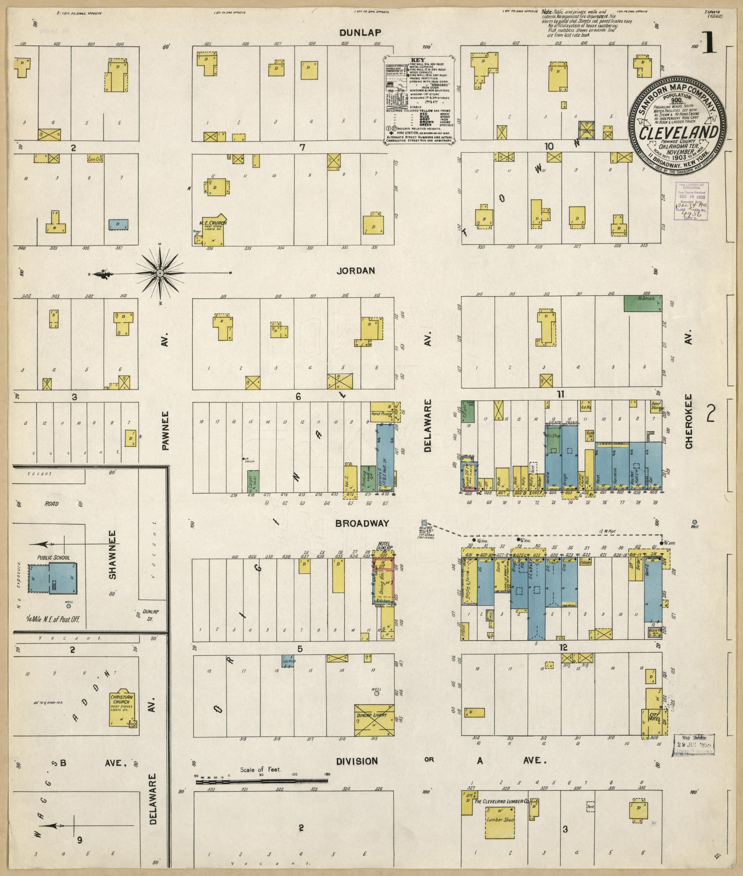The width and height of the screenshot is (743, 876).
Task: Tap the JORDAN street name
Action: click(x=356, y=271)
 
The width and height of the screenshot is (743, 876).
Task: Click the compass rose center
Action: click(x=160, y=274)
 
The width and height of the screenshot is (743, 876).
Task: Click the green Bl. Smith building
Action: click(x=642, y=303)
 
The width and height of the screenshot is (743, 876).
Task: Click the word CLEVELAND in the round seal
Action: click(x=678, y=132)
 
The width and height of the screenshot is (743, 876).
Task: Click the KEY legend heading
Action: click(x=420, y=60)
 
